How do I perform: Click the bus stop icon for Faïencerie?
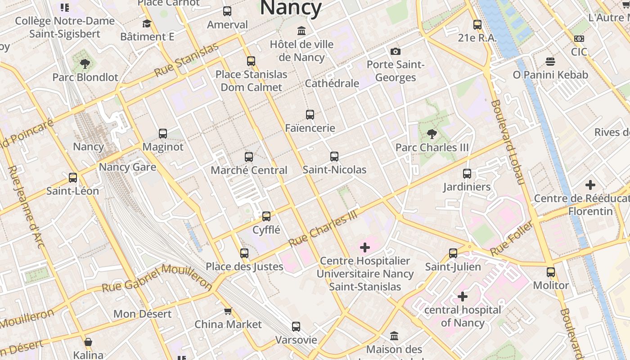(310, 115)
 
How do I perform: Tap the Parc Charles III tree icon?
(432, 134)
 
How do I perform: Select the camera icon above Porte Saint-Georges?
(396, 51)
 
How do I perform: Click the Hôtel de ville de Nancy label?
(301, 50)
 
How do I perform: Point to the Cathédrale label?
(332, 83)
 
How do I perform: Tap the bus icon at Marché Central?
(249, 157)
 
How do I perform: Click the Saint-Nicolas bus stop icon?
(334, 157)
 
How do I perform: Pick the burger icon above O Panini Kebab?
(550, 61)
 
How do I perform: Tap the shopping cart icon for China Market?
(228, 311)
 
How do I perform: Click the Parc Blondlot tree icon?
(85, 64)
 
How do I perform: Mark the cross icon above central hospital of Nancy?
(463, 297)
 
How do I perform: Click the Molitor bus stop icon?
(551, 272)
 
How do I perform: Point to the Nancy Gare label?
(127, 167)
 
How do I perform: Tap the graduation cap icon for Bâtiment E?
(147, 23)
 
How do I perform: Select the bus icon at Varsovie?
(296, 327)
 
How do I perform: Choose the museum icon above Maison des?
(394, 336)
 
